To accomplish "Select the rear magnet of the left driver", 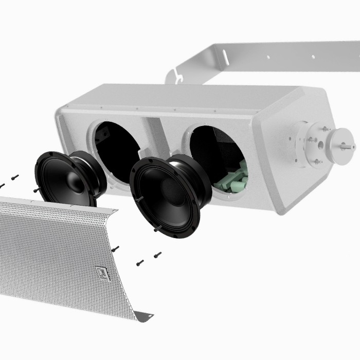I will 96,172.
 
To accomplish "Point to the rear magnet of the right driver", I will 198,177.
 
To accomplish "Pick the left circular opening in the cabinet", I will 116,149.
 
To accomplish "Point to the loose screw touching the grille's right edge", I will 115,248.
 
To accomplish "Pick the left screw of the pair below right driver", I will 140,263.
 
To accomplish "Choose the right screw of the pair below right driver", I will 157,254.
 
